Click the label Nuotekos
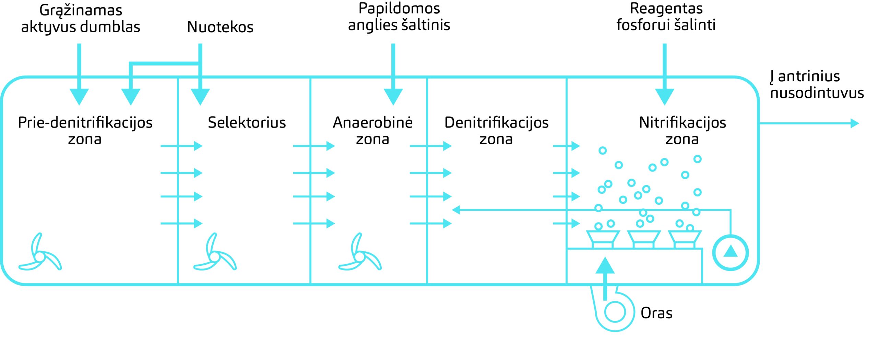(x=220, y=27)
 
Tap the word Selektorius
(x=247, y=122)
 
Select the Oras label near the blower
(x=656, y=313)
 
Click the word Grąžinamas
(x=81, y=11)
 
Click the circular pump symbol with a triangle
(x=731, y=253)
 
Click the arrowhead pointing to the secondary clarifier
(x=855, y=123)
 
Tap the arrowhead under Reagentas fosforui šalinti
(x=665, y=97)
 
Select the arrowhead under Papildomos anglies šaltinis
(x=393, y=97)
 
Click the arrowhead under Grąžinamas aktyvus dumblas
(x=79, y=97)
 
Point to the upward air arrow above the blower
(x=605, y=278)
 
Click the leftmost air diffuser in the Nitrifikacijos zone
(x=603, y=239)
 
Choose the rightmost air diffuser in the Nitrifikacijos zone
(x=685, y=239)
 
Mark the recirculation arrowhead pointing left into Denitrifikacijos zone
(x=456, y=210)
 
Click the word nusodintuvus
(x=817, y=93)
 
